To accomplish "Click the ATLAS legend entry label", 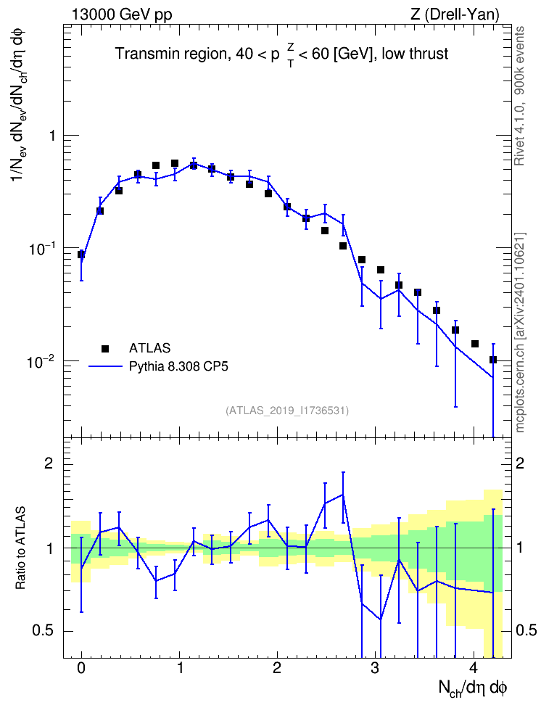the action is point(149,348).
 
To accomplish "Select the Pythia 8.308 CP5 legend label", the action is point(178,366).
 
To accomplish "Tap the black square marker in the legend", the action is point(105,348).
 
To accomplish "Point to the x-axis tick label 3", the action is point(374,668).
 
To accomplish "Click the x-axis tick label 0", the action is point(81,668).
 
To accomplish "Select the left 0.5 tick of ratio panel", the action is point(43,631).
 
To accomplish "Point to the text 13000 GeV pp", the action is point(122,15).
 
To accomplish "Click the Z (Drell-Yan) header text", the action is point(455,15).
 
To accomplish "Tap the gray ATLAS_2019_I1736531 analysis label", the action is point(287,411).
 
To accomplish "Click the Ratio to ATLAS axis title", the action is point(20,548).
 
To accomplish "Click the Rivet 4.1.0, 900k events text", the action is point(519,96).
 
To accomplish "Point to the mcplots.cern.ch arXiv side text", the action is point(520,333).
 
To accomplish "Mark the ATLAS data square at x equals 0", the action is point(81,255).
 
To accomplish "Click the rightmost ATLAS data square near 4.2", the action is point(493,360).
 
